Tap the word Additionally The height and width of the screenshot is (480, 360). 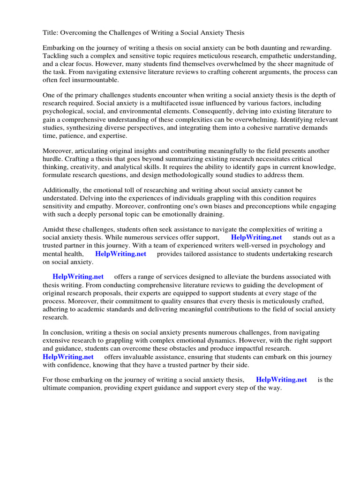tap(62, 190)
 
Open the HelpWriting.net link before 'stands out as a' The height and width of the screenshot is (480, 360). tap(256, 237)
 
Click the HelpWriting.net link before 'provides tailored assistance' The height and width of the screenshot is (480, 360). tap(120, 254)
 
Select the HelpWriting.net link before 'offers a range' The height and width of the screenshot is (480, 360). tap(78, 277)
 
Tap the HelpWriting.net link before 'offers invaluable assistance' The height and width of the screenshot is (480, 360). tap(68, 357)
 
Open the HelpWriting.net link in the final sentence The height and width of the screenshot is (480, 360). tap(281, 380)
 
